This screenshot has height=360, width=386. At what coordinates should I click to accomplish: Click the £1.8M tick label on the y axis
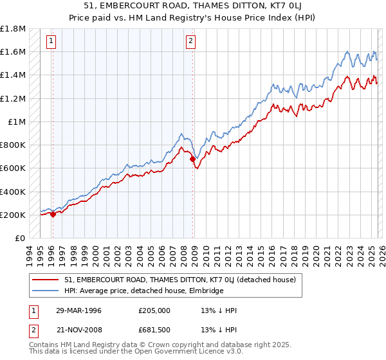13,29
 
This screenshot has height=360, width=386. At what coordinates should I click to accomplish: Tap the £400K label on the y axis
13,192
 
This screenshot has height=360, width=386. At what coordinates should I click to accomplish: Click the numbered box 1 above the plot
51,42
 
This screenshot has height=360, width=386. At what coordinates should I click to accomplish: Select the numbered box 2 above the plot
192,42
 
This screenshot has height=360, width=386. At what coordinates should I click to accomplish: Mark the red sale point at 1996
53,215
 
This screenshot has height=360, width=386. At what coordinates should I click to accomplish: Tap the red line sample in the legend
46,280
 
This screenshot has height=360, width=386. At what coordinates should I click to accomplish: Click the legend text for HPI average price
143,291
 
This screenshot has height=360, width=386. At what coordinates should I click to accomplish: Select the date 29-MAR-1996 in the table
78,310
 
